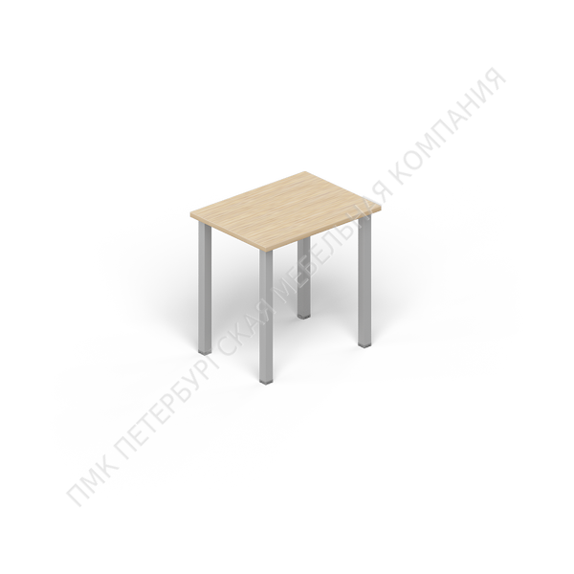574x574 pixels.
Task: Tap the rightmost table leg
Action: pyautogui.click(x=364, y=280)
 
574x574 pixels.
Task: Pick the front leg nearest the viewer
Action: pyautogui.click(x=266, y=317)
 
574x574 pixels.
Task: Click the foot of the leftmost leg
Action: pyautogui.click(x=205, y=351)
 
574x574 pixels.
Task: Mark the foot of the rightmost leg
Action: pyautogui.click(x=364, y=344)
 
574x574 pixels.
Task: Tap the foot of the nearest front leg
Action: pyautogui.click(x=266, y=381)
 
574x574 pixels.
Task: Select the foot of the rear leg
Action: pyautogui.click(x=304, y=315)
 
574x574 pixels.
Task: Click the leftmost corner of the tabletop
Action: pyautogui.click(x=190, y=213)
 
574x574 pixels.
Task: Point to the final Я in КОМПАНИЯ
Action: pyautogui.click(x=495, y=79)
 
